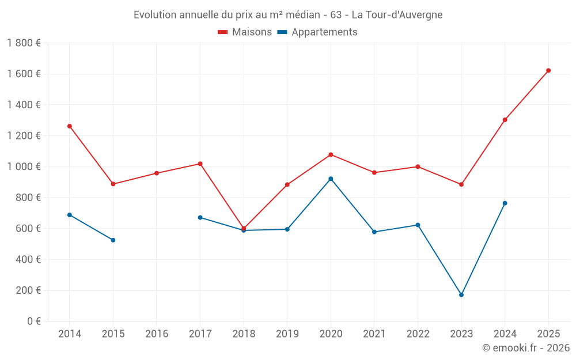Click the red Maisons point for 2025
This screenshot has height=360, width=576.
coord(548,70)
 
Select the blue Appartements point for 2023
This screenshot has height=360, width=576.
coord(461,295)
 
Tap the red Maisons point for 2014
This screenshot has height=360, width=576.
coord(70,126)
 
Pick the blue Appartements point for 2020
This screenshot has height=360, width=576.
coord(331,179)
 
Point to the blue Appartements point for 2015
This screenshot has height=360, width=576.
coord(113,240)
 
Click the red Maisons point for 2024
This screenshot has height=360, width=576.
coord(505,120)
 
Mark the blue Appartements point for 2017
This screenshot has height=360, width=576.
coord(200,218)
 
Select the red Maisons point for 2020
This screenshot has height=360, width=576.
coord(331,154)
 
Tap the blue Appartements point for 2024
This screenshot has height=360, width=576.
coord(505,203)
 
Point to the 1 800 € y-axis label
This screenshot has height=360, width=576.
coord(24,43)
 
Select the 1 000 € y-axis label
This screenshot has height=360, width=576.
coord(24,166)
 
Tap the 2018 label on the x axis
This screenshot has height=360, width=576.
coord(244,334)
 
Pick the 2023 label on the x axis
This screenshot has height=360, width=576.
coord(461,334)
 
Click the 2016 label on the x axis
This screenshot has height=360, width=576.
coord(157,334)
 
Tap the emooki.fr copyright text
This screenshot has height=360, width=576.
coord(526,348)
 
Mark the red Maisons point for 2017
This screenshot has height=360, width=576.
coord(200,164)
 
